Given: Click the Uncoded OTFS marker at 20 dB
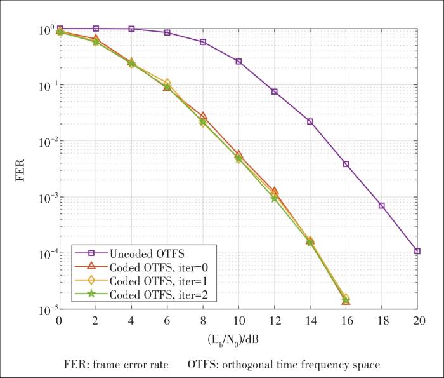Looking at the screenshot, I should pos(417,251).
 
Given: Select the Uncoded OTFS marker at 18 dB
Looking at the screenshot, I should pos(382,206).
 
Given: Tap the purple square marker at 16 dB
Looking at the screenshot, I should pos(346,164).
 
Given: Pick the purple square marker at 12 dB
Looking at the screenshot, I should pos(275,92).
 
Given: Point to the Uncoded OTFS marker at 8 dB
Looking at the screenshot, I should pos(203,42).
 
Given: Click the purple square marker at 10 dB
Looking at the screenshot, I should pos(238,62).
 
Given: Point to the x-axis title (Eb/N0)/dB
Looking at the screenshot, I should pos(238,339).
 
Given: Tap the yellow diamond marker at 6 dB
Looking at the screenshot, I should pos(167,83).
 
